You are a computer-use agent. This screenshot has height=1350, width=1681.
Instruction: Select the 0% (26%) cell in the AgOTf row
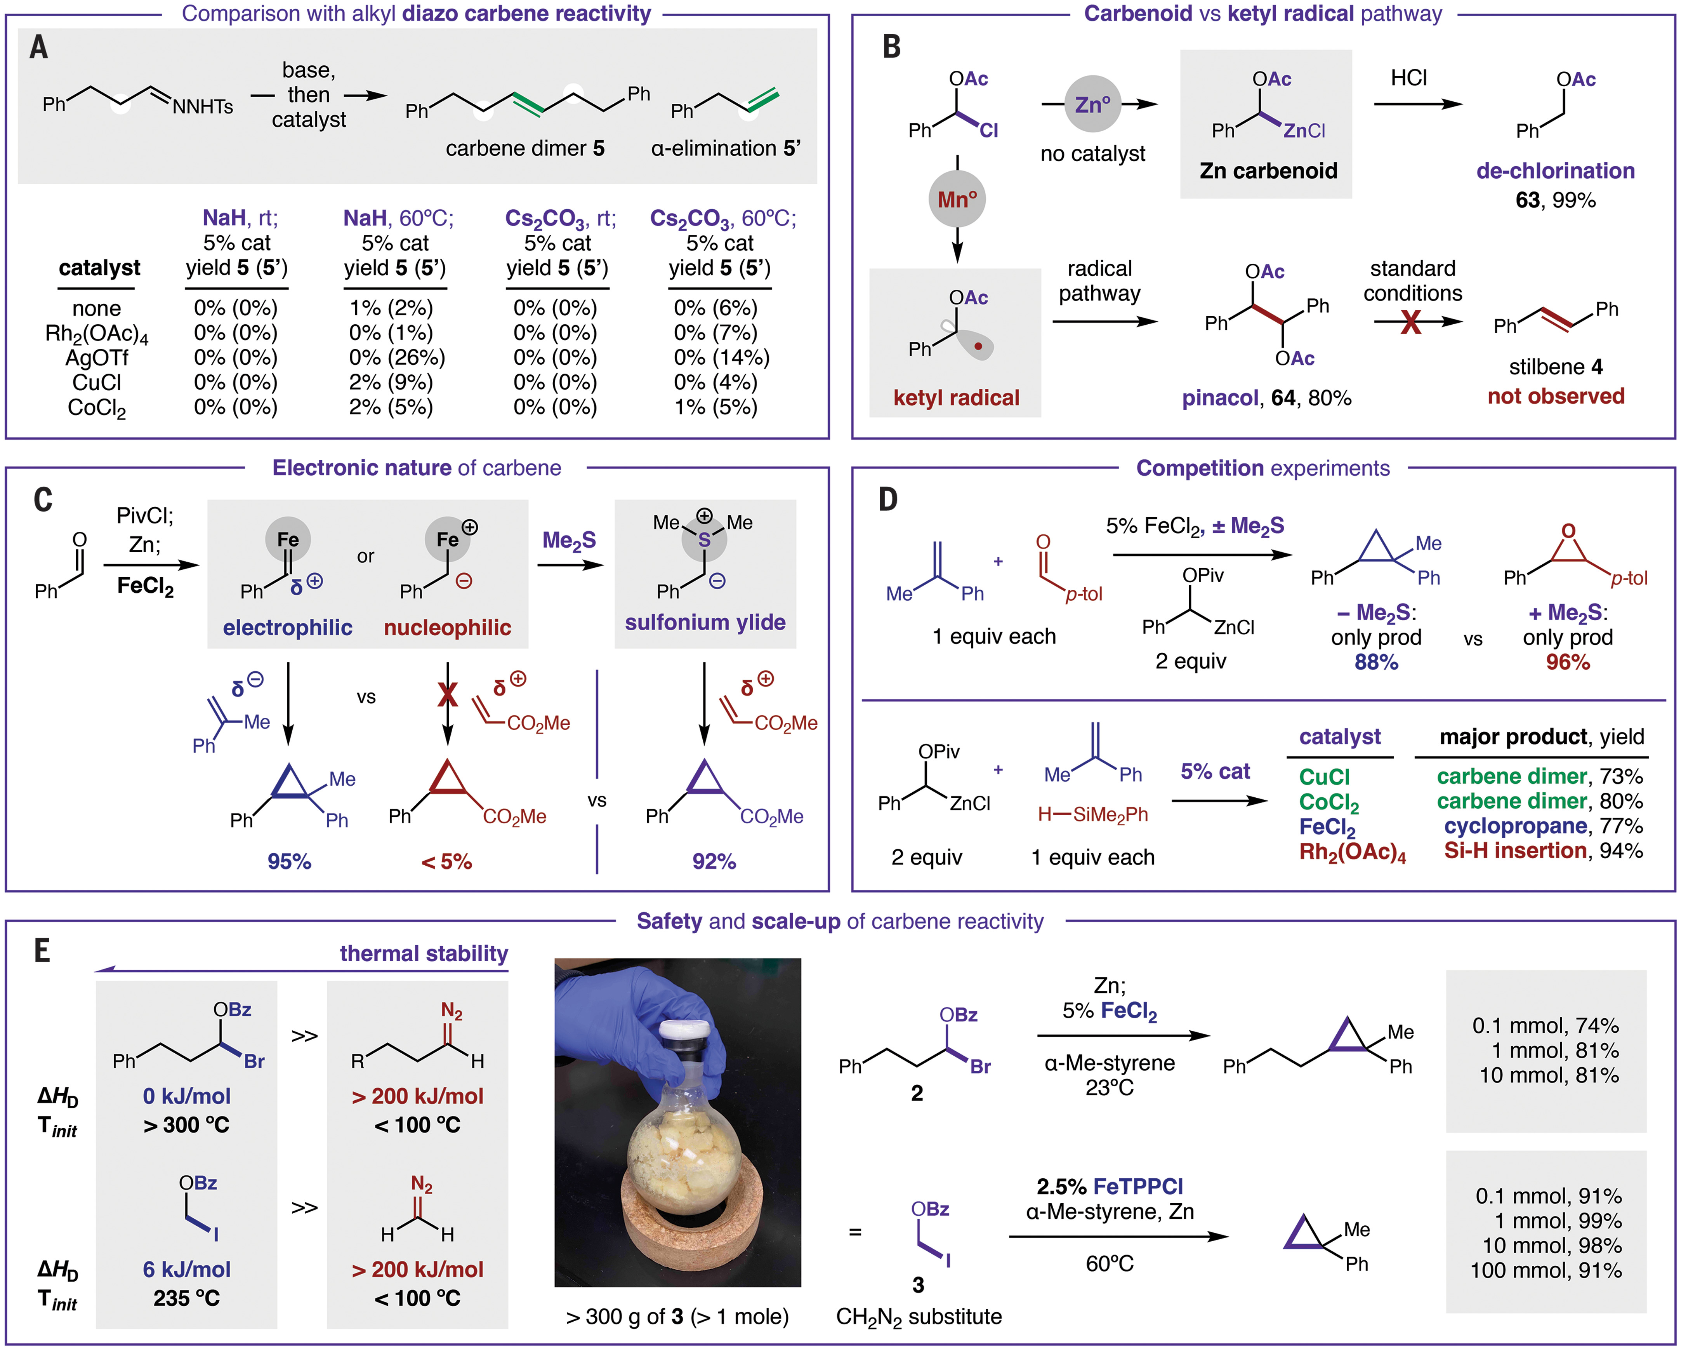click(x=397, y=357)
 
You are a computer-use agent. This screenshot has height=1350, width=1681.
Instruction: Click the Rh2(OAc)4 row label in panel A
click(x=97, y=334)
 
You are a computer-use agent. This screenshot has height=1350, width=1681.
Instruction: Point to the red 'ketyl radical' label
click(x=956, y=398)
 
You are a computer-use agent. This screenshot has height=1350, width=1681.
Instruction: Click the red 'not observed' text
click(x=1556, y=396)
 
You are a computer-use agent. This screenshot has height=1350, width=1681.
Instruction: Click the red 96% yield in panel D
click(x=1568, y=662)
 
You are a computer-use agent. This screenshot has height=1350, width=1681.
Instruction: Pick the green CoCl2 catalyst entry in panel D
click(x=1328, y=802)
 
